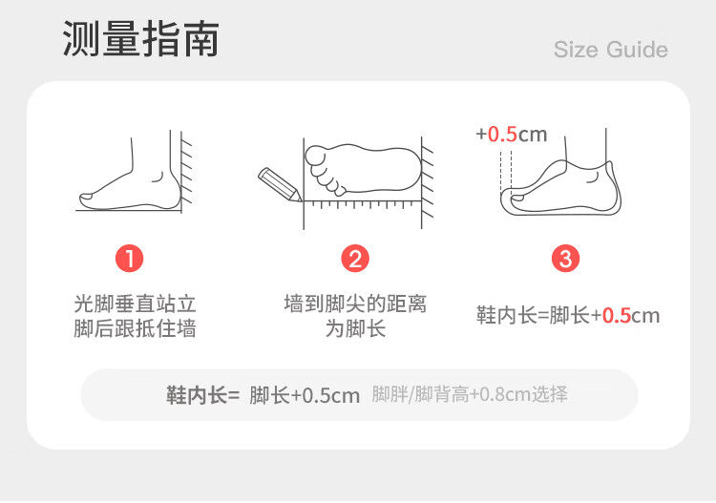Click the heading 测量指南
(140, 39)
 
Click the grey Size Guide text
(611, 50)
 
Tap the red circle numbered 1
(129, 259)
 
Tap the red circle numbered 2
(355, 259)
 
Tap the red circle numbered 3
(566, 259)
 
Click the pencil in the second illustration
(280, 184)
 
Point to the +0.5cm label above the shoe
(511, 135)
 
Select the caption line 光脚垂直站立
(136, 304)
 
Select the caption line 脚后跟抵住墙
(136, 328)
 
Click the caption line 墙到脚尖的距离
(355, 304)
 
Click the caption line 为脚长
(355, 328)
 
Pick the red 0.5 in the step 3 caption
(617, 316)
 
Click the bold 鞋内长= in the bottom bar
(202, 395)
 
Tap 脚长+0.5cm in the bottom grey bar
(305, 395)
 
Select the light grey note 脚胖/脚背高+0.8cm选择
(470, 394)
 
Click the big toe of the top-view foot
(315, 156)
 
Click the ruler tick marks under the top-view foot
(362, 204)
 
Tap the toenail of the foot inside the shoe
(517, 198)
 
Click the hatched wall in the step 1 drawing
(187, 171)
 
